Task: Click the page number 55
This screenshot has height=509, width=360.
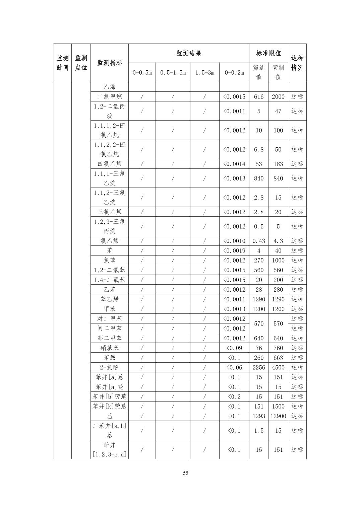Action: (x=186, y=473)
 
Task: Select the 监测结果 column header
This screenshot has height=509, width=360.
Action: (x=189, y=53)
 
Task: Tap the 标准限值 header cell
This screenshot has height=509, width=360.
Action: (x=268, y=53)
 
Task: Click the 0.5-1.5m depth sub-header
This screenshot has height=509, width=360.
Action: (x=173, y=72)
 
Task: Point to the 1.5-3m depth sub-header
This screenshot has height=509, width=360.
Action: (x=205, y=72)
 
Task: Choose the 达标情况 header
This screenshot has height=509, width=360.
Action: (x=297, y=63)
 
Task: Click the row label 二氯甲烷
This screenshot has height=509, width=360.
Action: (x=110, y=97)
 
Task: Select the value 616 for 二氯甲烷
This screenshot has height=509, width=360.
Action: (x=259, y=97)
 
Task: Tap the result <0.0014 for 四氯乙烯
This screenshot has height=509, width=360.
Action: (x=234, y=164)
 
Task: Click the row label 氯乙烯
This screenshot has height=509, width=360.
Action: (x=110, y=241)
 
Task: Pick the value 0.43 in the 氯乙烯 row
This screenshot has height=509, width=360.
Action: (x=259, y=241)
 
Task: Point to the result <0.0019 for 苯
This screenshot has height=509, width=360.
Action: (x=234, y=250)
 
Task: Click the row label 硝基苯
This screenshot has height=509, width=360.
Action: (x=110, y=348)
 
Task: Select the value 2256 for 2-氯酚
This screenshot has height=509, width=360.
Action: (x=259, y=367)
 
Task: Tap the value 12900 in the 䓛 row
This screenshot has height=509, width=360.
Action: (x=278, y=416)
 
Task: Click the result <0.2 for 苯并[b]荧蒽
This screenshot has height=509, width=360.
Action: (x=234, y=396)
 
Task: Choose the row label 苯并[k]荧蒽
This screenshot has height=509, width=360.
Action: (x=110, y=406)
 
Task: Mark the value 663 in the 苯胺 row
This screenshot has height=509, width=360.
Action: (x=278, y=358)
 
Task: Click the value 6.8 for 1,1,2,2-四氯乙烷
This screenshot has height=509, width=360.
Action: (x=259, y=149)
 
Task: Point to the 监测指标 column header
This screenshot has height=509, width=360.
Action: (x=110, y=63)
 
